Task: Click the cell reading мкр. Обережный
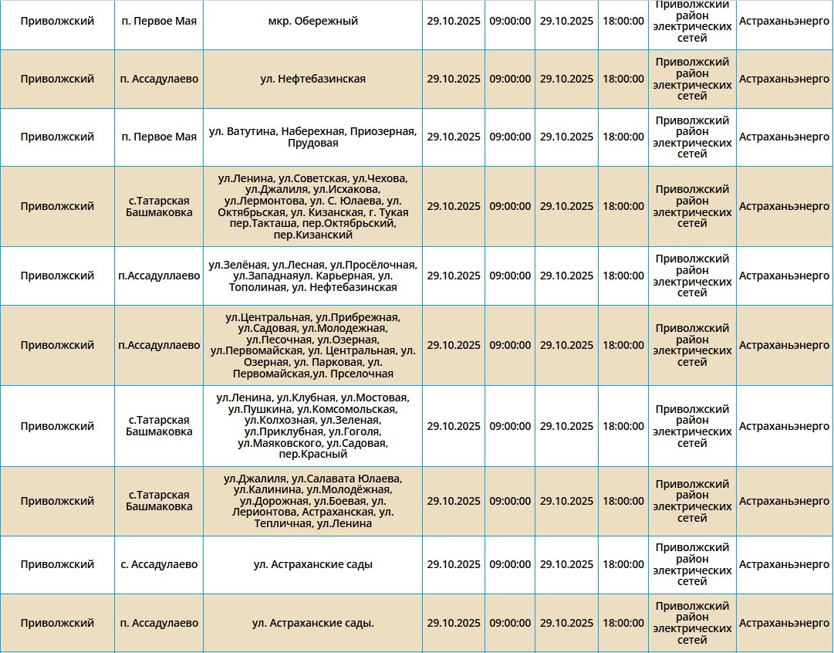(312, 22)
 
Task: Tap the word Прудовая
(312, 144)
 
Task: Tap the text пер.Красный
(312, 455)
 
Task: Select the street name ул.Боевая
(339, 501)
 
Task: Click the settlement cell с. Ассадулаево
(159, 565)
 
